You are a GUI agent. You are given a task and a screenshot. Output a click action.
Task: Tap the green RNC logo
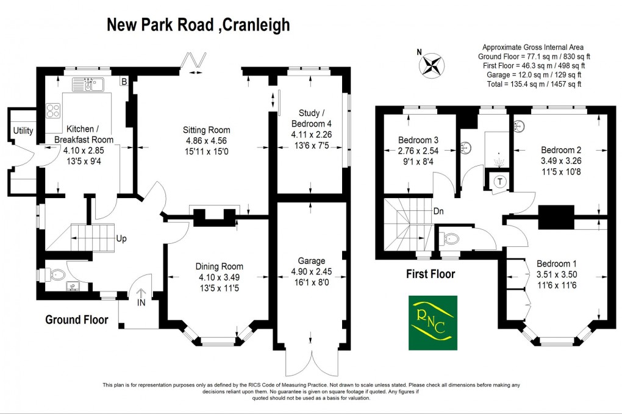432,323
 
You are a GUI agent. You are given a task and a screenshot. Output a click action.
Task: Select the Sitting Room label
207,130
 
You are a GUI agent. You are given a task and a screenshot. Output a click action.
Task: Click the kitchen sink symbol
88,85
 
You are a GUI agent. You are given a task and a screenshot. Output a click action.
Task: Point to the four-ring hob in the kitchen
54,111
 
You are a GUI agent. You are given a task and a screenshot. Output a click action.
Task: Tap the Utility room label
23,131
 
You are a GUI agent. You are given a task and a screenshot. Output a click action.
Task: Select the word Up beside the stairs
121,238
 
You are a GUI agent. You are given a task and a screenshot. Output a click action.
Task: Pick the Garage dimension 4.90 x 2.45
312,272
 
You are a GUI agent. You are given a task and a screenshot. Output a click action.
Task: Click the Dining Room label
219,266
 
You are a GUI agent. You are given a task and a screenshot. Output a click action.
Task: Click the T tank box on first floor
500,182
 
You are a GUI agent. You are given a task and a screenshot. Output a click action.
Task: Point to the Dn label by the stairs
438,212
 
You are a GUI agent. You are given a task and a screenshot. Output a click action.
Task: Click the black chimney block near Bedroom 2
556,216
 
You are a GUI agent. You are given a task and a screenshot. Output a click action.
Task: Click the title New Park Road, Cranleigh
198,24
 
